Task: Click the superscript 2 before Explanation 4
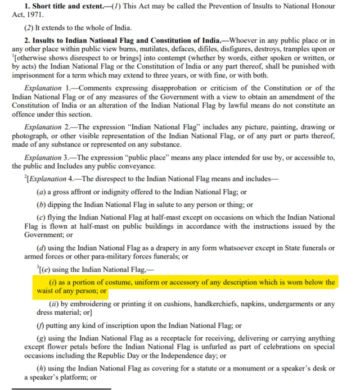[x=25, y=177]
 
